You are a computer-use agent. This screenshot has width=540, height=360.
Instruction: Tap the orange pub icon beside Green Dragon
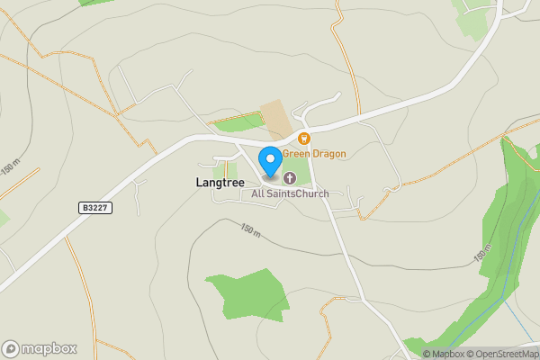pyautogui.click(x=304, y=139)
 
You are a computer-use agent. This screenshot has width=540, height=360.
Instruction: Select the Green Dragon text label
pyautogui.click(x=314, y=154)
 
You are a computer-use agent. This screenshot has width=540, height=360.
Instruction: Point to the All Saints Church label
pyautogui.click(x=290, y=193)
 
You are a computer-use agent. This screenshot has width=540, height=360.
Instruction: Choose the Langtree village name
pyautogui.click(x=219, y=182)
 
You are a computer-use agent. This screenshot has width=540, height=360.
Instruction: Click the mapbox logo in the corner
pyautogui.click(x=40, y=348)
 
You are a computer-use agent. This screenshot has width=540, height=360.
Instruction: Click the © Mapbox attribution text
pyautogui.click(x=444, y=354)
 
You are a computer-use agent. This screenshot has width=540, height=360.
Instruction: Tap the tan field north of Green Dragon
pyautogui.click(x=277, y=120)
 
